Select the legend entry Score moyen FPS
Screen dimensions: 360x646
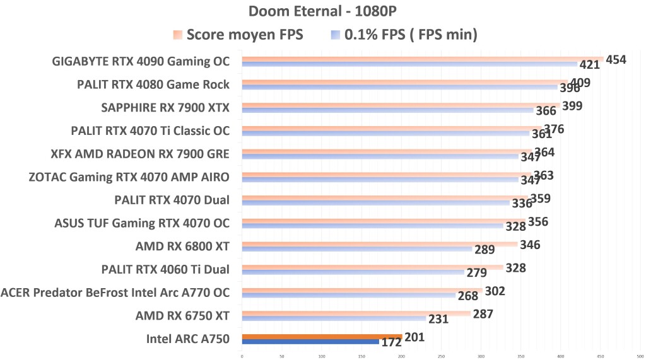(245, 35)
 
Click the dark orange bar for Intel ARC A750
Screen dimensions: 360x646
(322, 337)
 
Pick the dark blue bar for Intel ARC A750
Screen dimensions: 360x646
(310, 342)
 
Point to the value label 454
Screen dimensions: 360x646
(616, 60)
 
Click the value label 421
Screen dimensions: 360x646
(589, 66)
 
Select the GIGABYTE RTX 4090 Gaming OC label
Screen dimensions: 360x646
(141, 62)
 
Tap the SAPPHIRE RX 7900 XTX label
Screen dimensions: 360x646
(165, 108)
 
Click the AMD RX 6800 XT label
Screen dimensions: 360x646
(182, 246)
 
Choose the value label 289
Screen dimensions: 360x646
(484, 250)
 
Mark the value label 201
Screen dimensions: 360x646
(414, 338)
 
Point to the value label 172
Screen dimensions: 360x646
(391, 343)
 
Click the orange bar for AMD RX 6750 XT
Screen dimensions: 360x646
(356, 313)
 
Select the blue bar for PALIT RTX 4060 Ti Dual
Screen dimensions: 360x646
(353, 272)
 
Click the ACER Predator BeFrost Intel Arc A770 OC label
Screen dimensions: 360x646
(115, 293)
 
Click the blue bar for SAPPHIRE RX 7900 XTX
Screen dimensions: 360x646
(387, 110)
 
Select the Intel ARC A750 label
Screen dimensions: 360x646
(187, 339)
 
